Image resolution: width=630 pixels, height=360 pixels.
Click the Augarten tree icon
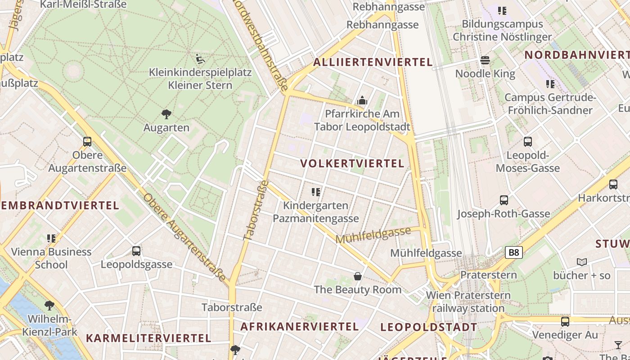pos(166,114)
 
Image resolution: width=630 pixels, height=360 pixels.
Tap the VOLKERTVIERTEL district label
pos(352,163)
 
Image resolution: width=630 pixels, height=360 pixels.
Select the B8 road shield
pos(513,252)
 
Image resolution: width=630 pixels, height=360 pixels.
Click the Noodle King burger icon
pos(485,60)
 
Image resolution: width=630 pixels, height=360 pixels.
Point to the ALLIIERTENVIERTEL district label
pos(373,62)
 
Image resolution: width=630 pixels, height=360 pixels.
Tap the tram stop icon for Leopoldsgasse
pos(136,251)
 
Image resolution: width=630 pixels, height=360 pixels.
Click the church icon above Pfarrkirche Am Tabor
pos(362,100)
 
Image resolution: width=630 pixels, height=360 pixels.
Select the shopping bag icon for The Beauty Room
pos(358,276)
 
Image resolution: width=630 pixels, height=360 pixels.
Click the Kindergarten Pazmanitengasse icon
pos(316,192)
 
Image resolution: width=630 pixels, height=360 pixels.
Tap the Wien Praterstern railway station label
pos(468,302)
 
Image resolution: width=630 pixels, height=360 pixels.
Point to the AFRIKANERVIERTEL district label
pos(299,326)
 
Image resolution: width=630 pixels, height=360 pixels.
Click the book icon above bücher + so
pos(582,262)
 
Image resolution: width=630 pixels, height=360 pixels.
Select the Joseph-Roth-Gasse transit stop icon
pos(504,200)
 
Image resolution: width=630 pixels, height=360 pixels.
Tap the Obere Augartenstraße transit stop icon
pos(87,142)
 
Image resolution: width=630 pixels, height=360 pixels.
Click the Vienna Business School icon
pos(51,238)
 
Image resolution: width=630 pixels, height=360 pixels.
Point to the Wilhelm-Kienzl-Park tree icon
pos(49,306)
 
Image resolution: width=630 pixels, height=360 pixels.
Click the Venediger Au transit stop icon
pos(565,322)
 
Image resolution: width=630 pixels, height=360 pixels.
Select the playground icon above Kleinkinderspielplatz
pos(200,58)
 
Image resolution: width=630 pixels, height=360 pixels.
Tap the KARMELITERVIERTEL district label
pos(148,338)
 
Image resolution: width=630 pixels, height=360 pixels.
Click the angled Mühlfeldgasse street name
pos(373,235)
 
